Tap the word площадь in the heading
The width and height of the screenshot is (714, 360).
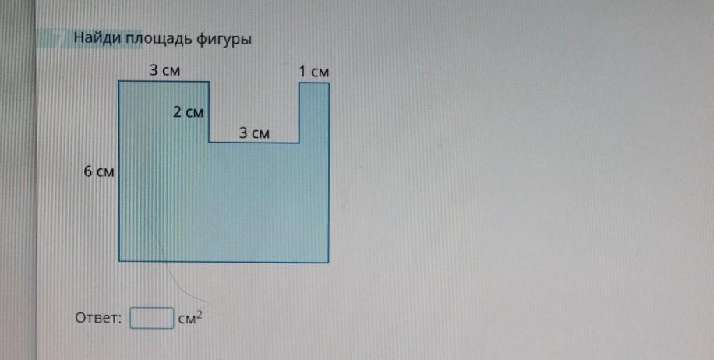coord(152,39)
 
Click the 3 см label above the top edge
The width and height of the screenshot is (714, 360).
coord(164,70)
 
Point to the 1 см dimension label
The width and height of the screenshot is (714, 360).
coord(314,72)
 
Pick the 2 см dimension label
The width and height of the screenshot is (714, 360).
coord(188,113)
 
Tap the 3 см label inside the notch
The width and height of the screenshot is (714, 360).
coord(254,133)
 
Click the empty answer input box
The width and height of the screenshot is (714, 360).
coord(151,318)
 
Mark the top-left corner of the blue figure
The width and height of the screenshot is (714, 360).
coord(119,81)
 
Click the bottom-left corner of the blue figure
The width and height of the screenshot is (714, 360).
coord(119,261)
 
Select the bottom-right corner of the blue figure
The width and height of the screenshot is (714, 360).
coord(329,261)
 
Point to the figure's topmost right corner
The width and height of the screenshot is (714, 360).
coord(329,82)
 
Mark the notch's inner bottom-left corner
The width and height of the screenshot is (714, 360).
coord(209,143)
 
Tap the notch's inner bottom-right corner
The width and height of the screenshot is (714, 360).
coord(299,143)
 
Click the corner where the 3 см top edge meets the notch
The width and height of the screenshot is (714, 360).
coord(209,81)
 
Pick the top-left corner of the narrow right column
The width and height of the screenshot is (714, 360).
coord(299,82)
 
